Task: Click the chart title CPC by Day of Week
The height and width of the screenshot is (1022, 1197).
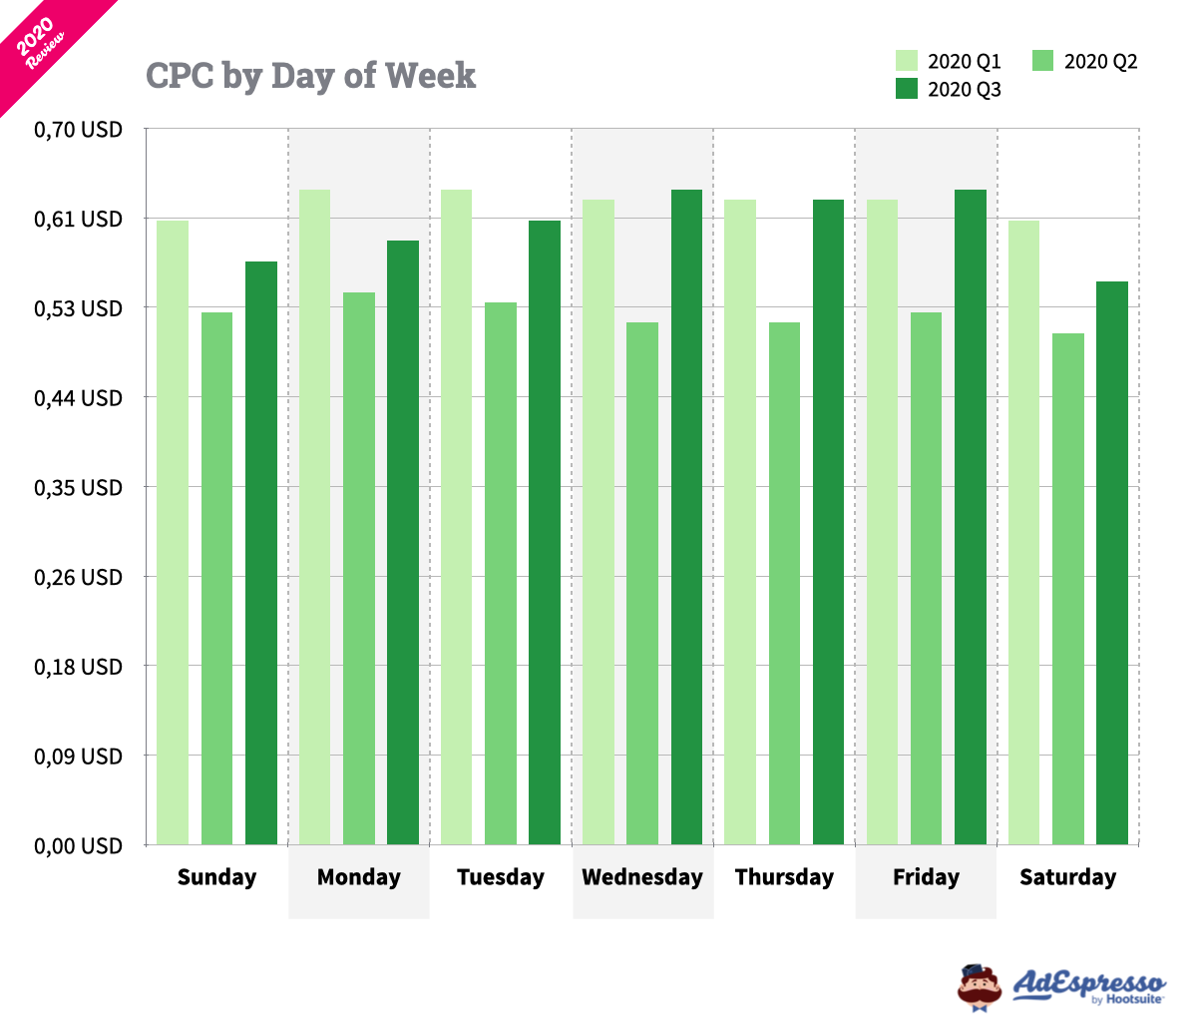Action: click(311, 76)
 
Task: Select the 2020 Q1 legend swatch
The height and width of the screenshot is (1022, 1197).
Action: click(907, 61)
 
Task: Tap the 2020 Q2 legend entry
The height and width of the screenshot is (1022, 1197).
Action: click(1086, 61)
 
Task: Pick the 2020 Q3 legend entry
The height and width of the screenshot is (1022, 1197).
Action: click(949, 89)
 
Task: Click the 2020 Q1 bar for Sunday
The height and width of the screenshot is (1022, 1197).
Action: click(173, 532)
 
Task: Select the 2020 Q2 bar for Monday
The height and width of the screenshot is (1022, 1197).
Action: click(359, 568)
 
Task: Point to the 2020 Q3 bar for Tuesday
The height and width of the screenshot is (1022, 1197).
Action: click(545, 532)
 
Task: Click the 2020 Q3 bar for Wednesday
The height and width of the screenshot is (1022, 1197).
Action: click(686, 517)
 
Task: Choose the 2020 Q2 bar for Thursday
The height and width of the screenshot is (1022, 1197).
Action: click(784, 583)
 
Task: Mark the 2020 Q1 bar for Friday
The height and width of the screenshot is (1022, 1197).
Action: click(882, 522)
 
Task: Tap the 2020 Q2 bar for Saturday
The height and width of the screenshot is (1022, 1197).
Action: click(1068, 589)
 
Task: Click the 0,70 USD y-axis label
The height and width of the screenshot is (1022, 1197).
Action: click(79, 130)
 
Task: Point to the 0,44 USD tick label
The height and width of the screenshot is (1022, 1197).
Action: click(79, 398)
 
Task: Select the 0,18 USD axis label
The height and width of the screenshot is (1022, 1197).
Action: click(79, 667)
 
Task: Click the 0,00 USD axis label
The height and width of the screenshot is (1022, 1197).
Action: click(79, 846)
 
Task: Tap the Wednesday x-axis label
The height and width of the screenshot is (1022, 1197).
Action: click(642, 877)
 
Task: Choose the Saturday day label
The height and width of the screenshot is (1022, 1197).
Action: click(1067, 877)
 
